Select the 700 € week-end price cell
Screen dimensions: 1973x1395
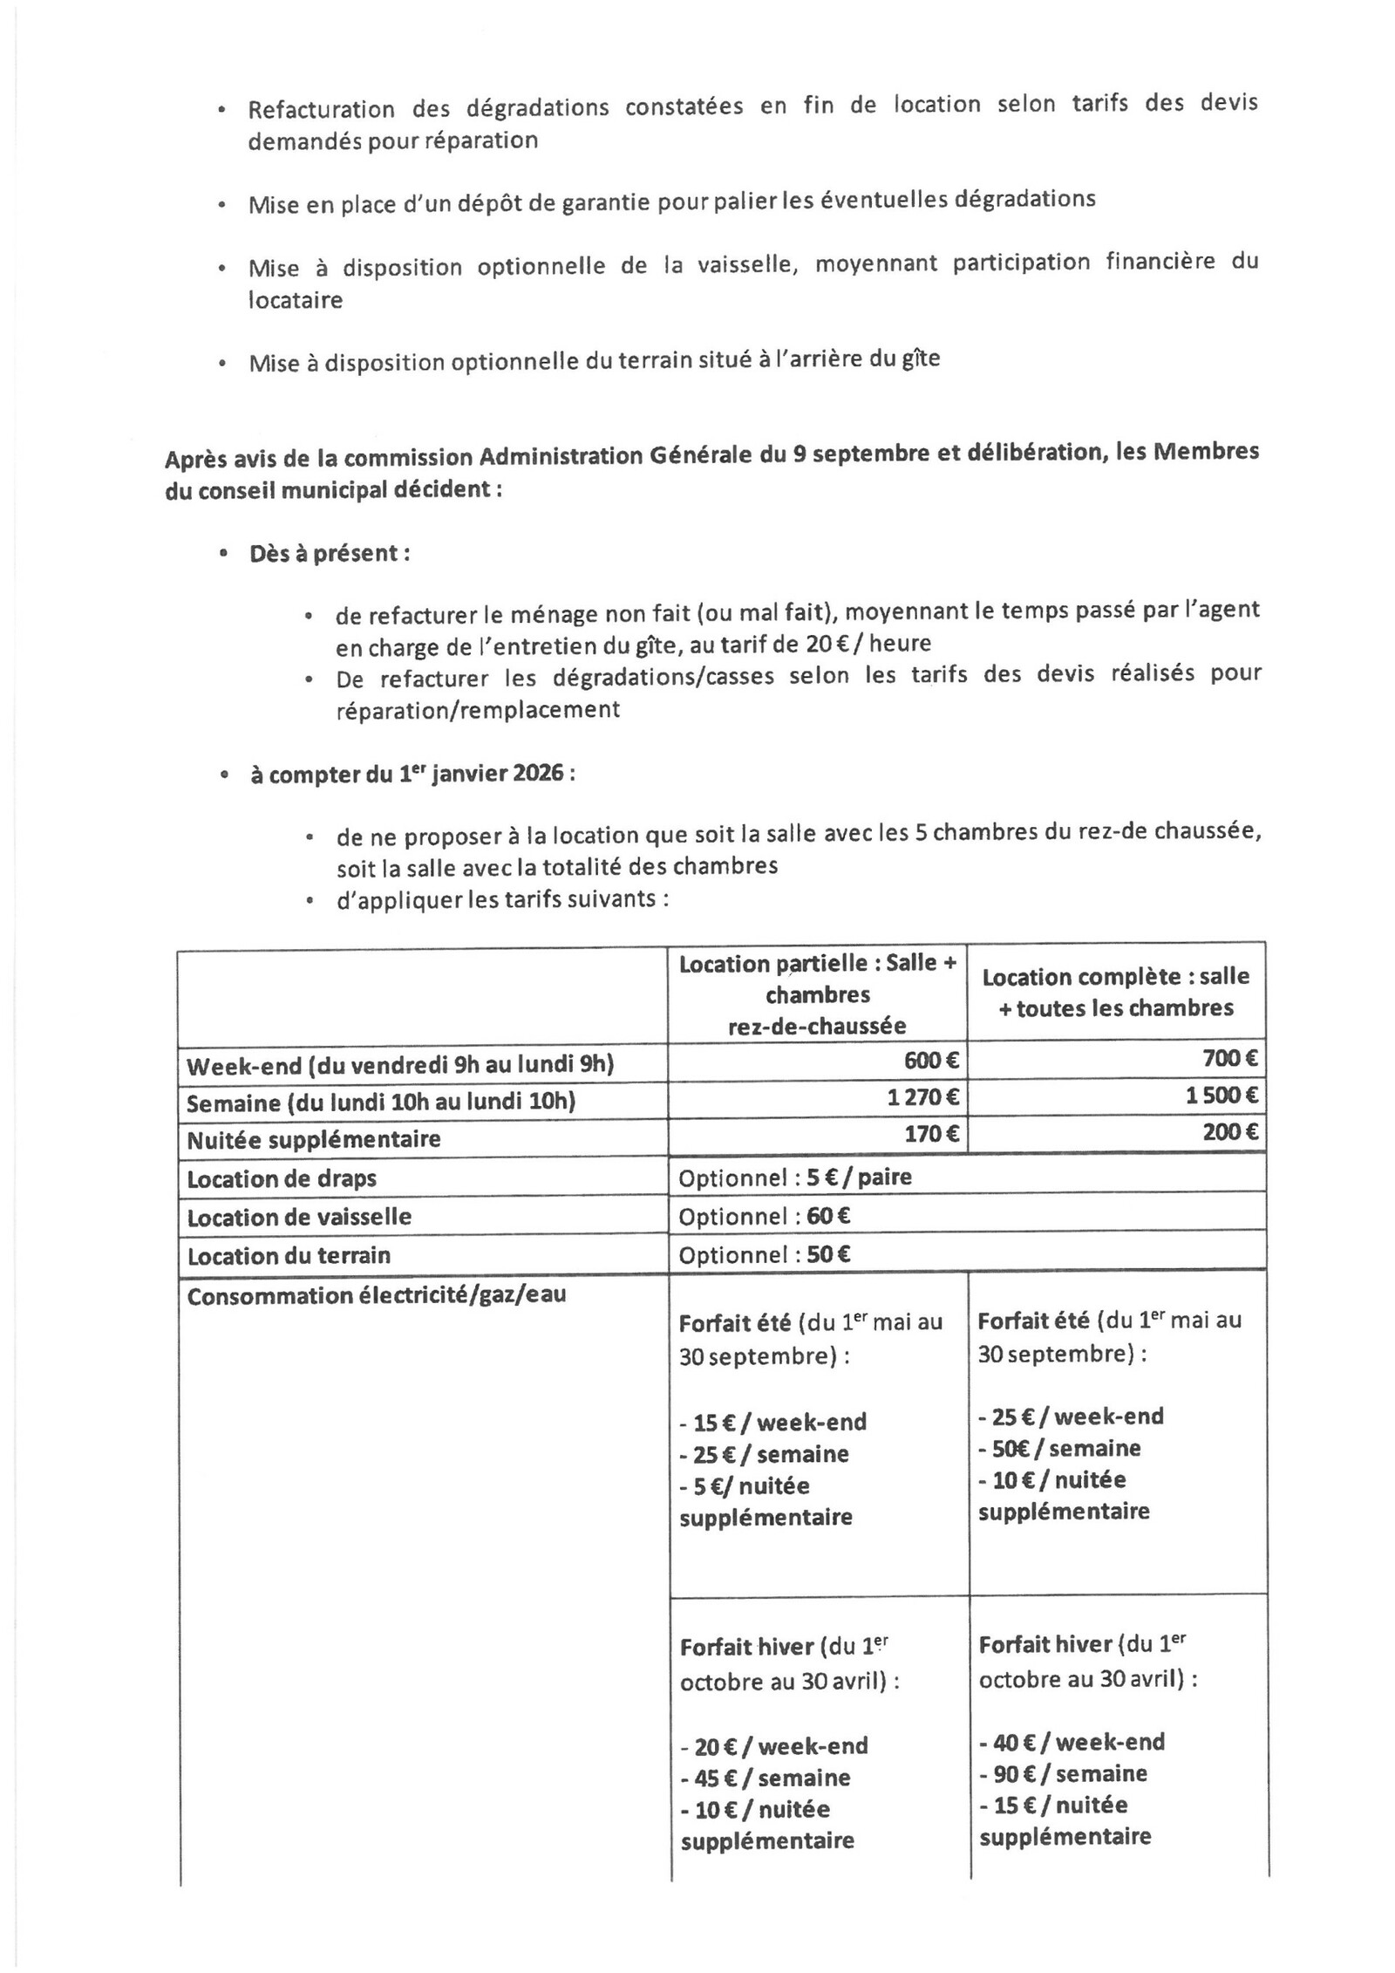point(1230,1059)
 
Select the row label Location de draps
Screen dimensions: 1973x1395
point(282,1179)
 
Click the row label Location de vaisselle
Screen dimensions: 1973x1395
point(299,1217)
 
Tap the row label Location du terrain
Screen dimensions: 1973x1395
point(289,1255)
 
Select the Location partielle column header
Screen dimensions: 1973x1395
point(818,994)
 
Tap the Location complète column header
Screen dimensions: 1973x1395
point(1116,993)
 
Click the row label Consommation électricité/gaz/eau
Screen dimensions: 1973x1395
point(376,1295)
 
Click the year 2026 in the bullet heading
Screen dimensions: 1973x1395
point(540,773)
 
